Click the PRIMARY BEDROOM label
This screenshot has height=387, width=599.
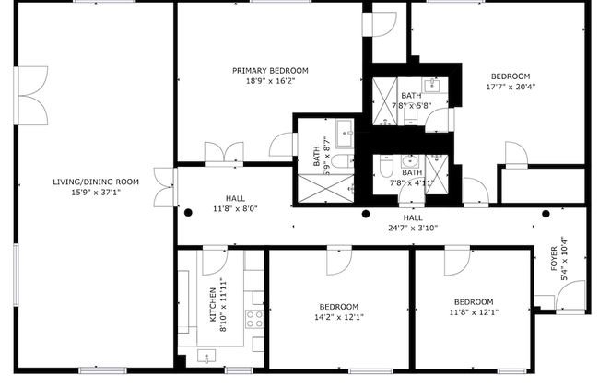point(270,70)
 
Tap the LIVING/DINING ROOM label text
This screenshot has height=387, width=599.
point(96,182)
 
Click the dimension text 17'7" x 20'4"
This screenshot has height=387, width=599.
point(510,88)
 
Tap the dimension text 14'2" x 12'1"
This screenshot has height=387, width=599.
point(339,318)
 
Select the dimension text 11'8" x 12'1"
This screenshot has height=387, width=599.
point(473,312)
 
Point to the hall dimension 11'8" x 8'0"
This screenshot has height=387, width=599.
point(235,209)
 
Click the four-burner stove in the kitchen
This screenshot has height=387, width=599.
point(253,321)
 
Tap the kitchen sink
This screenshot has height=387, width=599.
point(206,356)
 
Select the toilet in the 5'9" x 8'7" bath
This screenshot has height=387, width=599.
point(342,162)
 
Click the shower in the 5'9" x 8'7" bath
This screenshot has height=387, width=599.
point(323,188)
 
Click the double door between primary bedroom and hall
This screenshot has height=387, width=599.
point(224,154)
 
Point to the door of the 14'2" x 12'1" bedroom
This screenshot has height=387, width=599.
point(339,260)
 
